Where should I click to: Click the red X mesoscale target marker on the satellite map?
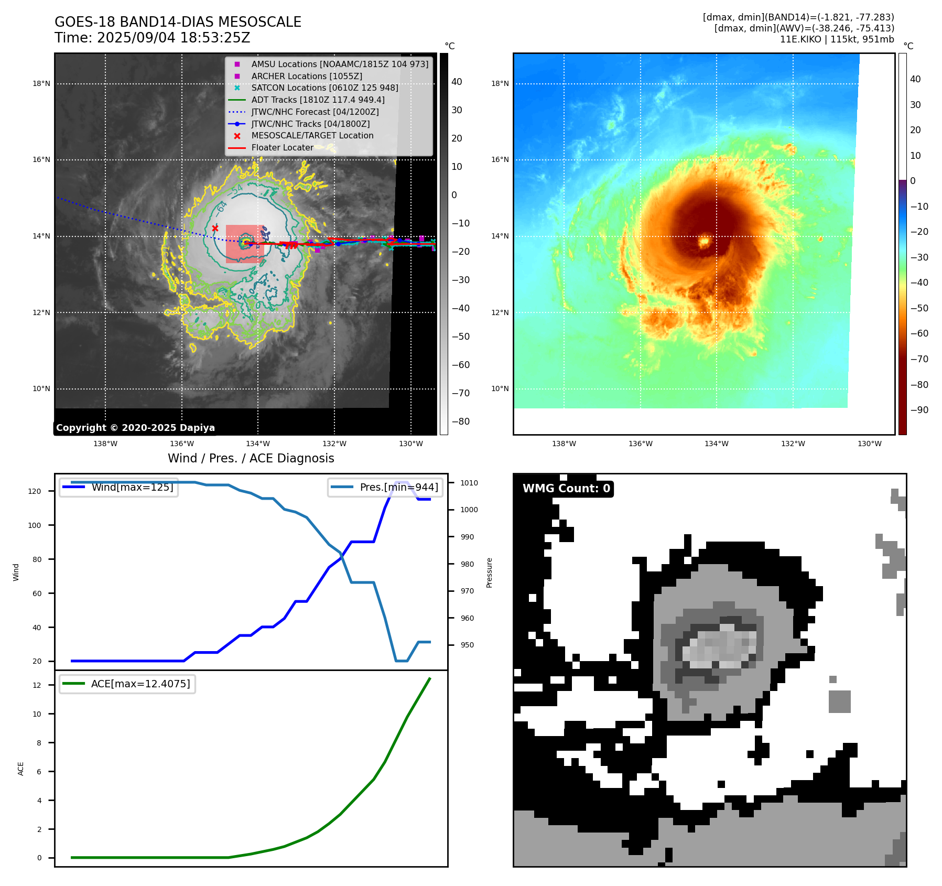click(215, 228)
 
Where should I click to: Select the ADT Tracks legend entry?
click(318, 100)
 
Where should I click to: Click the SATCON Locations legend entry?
click(324, 88)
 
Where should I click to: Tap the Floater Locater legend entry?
click(282, 147)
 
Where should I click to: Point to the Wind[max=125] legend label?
click(132, 487)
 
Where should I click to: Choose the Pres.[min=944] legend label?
click(399, 487)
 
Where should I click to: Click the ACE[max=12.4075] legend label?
click(140, 684)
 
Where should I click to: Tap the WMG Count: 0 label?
click(566, 489)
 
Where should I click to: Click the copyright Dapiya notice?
click(135, 428)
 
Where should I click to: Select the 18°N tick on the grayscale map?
click(41, 83)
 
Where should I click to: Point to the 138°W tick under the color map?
click(564, 444)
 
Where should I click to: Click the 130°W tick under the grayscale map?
click(411, 444)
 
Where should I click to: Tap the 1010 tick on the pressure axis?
click(469, 483)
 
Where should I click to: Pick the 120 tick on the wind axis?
click(35, 491)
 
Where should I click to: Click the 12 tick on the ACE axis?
click(37, 685)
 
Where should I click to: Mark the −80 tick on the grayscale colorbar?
click(461, 422)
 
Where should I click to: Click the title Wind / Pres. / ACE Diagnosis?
click(251, 458)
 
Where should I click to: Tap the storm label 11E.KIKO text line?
click(837, 39)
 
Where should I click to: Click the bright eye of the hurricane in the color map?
click(704, 242)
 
